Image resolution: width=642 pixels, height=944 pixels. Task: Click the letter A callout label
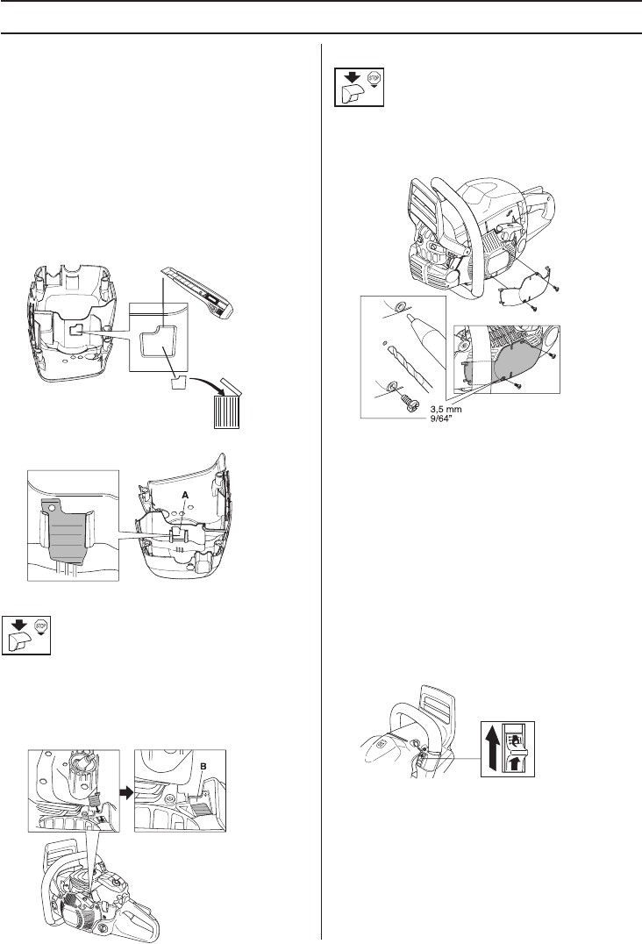click(184, 495)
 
